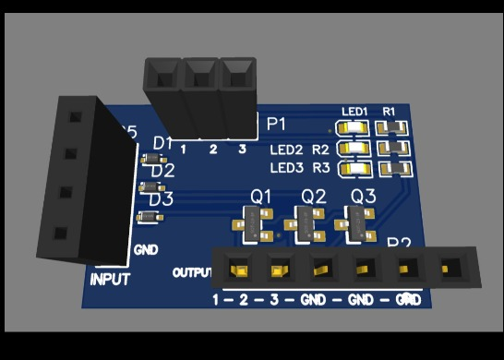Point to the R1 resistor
(394, 128)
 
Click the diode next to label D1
(151, 158)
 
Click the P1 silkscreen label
(276, 124)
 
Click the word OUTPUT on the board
(192, 273)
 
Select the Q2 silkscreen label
(314, 197)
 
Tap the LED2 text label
(286, 150)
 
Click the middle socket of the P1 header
(201, 72)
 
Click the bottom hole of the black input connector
(61, 234)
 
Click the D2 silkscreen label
(162, 170)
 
